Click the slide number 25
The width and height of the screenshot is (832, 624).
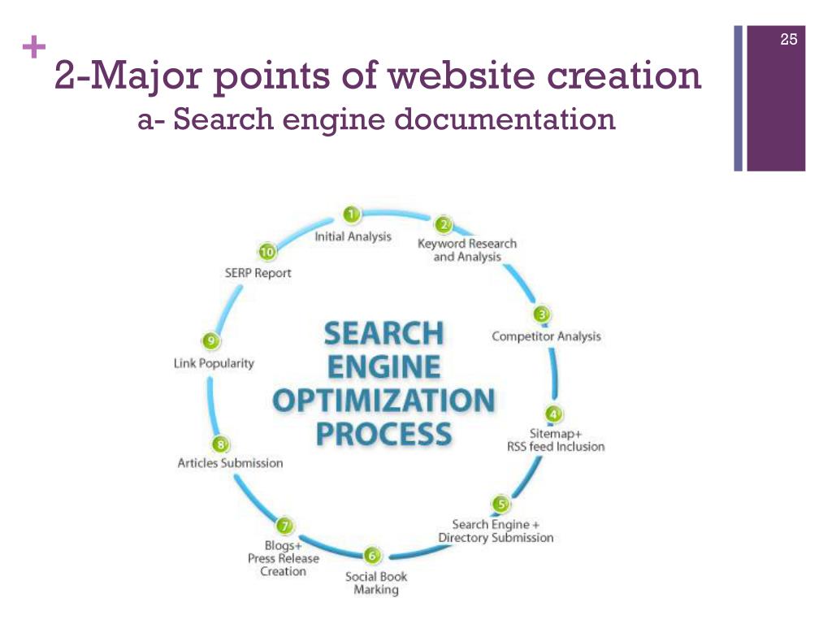pyautogui.click(x=788, y=39)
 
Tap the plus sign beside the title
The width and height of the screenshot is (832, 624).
pyautogui.click(x=33, y=49)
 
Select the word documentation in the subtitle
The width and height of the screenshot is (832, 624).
pyautogui.click(x=504, y=120)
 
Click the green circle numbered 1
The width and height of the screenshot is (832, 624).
pyautogui.click(x=351, y=214)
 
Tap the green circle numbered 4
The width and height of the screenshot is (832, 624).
pyautogui.click(x=553, y=414)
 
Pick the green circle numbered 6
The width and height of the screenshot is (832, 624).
pyautogui.click(x=371, y=556)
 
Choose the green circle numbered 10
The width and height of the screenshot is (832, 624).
pyautogui.click(x=266, y=251)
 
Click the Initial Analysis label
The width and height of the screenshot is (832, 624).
pyautogui.click(x=353, y=237)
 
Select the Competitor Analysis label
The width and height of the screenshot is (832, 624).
pyautogui.click(x=546, y=336)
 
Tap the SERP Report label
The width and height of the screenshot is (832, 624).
pyautogui.click(x=258, y=273)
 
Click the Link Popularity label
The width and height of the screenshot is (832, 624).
pyautogui.click(x=214, y=363)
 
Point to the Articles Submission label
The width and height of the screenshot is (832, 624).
pyautogui.click(x=230, y=463)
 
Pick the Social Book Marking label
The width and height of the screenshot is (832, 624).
pyautogui.click(x=375, y=583)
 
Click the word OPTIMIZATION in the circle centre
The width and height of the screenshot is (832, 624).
pyautogui.click(x=383, y=401)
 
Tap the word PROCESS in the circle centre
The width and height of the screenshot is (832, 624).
pyautogui.click(x=383, y=433)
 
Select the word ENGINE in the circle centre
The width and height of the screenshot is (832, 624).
pyautogui.click(x=383, y=367)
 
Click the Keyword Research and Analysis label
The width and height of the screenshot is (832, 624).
pyautogui.click(x=466, y=249)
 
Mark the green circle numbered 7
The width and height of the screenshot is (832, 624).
pyautogui.click(x=284, y=525)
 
